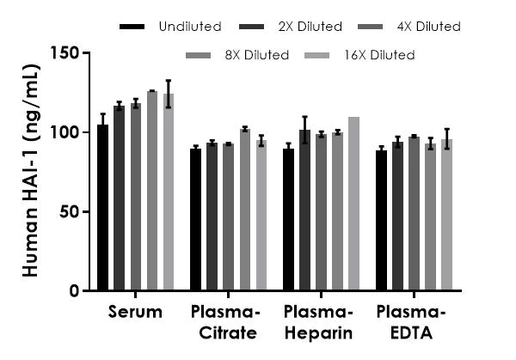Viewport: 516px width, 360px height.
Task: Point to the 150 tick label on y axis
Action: click(x=66, y=53)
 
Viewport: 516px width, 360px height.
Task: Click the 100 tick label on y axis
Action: click(x=66, y=132)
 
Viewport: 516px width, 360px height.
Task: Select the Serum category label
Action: click(x=135, y=312)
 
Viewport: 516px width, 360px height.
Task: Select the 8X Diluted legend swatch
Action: click(x=199, y=55)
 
